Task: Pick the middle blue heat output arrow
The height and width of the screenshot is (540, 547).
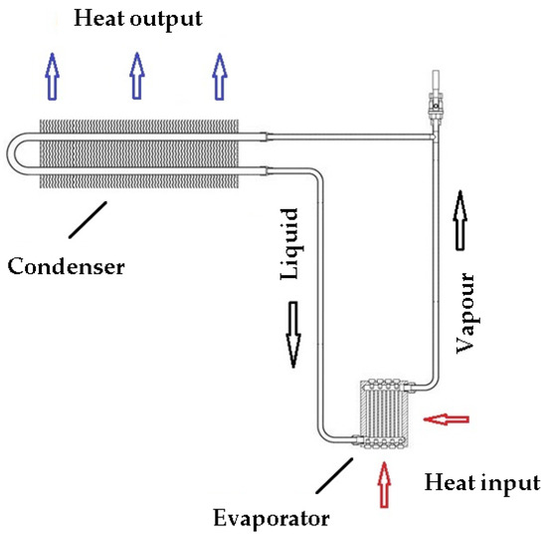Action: pos(137,77)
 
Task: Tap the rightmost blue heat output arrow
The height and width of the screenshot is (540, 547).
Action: pos(219,77)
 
